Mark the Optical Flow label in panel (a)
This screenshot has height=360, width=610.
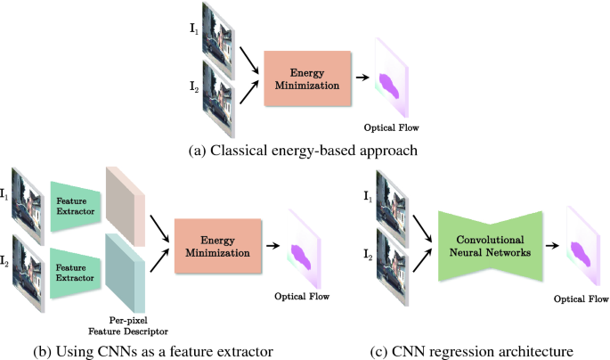pos(390,128)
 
